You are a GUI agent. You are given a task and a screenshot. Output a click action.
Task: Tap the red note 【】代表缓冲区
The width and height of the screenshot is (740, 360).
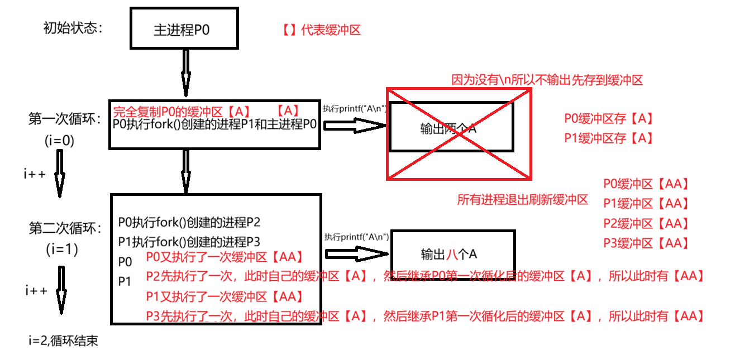322,30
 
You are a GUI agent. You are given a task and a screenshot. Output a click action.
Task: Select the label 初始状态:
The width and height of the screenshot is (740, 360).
73,28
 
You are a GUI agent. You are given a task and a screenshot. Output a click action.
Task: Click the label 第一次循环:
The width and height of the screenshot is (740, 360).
65,119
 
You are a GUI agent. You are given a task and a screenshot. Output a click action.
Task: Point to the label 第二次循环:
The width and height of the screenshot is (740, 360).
65,228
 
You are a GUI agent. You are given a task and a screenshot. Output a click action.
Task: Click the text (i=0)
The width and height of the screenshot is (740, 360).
59,141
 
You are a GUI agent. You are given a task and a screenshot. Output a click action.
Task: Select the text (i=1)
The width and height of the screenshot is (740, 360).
61,250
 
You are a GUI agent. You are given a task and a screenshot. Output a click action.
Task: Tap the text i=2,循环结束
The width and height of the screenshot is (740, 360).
64,340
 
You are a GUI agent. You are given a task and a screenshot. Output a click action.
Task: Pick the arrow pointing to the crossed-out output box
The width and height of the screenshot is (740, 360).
355,126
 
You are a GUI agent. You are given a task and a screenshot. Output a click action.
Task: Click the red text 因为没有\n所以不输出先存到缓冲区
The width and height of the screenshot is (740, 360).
547,80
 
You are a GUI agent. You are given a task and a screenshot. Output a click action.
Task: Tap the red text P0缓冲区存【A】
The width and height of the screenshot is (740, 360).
608,118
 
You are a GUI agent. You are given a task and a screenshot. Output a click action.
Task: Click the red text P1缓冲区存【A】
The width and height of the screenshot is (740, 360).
608,138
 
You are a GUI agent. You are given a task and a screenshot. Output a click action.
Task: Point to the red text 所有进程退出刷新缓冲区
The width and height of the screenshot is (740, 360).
522,200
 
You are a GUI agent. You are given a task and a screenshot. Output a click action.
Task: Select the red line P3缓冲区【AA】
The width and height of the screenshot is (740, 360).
646,243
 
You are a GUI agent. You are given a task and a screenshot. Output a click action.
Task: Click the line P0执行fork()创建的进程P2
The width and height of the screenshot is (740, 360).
189,223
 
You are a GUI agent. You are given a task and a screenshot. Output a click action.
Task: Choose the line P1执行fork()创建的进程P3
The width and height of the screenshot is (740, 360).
189,242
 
